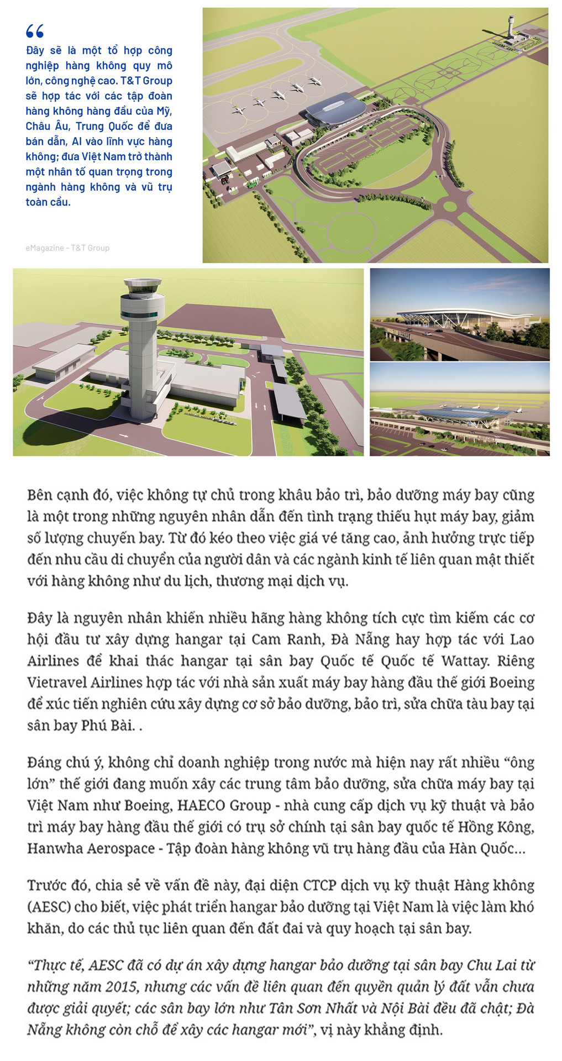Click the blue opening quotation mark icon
pyautogui.click(x=35, y=31)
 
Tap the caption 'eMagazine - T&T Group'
pyautogui.click(x=67, y=248)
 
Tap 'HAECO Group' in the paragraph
pyautogui.click(x=224, y=805)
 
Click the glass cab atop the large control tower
pyautogui.click(x=143, y=286)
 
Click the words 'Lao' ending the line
pyautogui.click(x=521, y=639)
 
